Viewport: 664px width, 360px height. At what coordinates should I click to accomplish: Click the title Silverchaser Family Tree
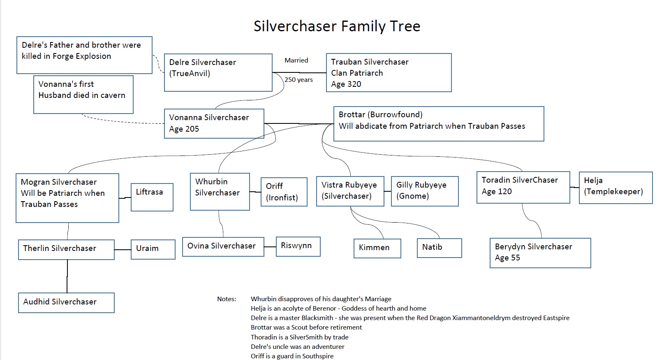point(337,26)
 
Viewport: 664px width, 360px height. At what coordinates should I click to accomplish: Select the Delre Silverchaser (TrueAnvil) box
point(218,72)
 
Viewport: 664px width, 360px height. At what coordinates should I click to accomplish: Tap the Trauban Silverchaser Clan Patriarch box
point(389,73)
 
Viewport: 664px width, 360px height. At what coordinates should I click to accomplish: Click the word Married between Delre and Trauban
point(296,60)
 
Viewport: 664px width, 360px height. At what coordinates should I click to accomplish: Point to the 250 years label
point(299,80)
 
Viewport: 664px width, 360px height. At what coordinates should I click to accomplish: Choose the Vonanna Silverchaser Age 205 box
point(214,123)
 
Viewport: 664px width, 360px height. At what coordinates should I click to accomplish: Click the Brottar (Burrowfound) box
point(438,124)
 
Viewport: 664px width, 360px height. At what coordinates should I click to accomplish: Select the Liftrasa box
point(152,197)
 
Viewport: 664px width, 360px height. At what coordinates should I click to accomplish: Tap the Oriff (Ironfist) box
point(284,192)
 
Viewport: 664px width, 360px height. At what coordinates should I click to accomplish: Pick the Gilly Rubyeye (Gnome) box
point(424,191)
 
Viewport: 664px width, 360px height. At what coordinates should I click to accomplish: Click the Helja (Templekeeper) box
point(615,188)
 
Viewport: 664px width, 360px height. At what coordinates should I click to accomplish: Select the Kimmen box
point(377,248)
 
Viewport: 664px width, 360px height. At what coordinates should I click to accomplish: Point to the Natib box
point(439,248)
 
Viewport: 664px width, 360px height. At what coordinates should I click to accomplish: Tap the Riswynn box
point(298,246)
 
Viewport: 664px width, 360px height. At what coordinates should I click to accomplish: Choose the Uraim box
point(153,249)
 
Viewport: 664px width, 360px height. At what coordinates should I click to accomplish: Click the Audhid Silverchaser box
point(66,302)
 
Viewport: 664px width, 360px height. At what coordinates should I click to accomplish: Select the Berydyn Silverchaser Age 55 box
point(540,253)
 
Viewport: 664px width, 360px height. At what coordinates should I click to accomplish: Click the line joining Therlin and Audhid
point(67,276)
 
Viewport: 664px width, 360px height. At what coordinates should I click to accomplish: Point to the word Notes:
point(227,299)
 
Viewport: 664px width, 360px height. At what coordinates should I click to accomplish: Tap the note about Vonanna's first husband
point(83,94)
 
